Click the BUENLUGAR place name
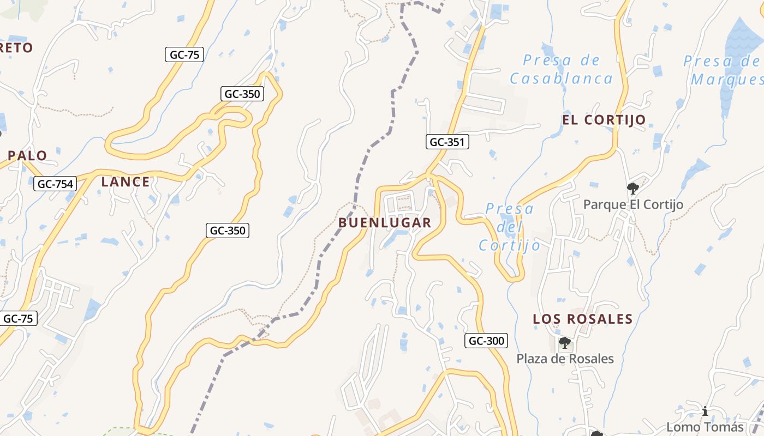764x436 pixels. point(385,223)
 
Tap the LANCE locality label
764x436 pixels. point(126,182)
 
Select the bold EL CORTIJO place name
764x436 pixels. point(604,120)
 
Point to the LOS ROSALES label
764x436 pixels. point(583,319)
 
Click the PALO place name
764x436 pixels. point(27,155)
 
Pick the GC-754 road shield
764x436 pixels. point(55,184)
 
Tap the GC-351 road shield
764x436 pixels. point(447,142)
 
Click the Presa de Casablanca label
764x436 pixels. point(562,69)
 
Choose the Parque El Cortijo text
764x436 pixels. point(633,204)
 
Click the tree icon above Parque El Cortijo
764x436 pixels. point(633,189)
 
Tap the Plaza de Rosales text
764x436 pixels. point(565,359)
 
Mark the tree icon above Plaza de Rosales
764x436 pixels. point(565,343)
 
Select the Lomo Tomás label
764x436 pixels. point(705,427)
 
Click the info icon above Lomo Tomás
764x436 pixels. point(705,411)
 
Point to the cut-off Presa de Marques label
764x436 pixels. point(723,70)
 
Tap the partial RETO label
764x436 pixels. point(16,48)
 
